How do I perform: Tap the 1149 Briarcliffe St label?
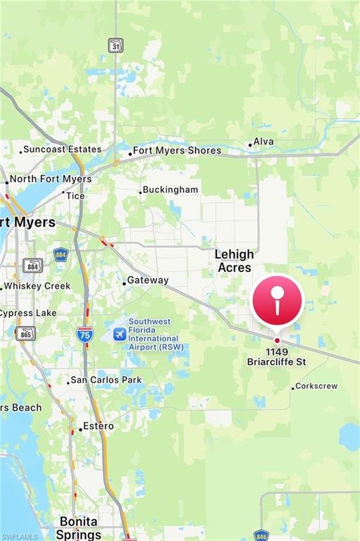[277, 356]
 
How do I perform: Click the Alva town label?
[263, 142]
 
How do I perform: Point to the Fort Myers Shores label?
[177, 150]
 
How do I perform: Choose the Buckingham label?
[170, 189]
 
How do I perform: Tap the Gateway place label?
[147, 280]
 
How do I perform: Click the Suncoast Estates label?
[62, 149]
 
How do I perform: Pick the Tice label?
[75, 196]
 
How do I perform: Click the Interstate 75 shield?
[85, 334]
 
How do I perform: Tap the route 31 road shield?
[116, 44]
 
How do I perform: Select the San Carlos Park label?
[106, 380]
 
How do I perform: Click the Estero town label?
[98, 426]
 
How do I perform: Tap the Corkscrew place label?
[316, 386]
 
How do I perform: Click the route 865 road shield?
[25, 333]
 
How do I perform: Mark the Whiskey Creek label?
[37, 286]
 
